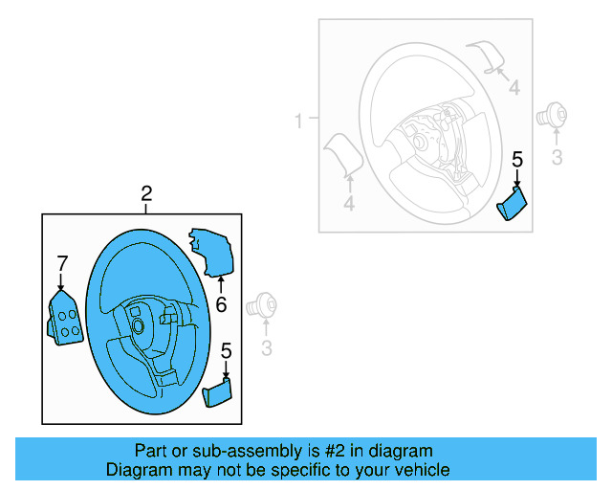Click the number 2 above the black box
[x=146, y=194]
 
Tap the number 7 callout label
[x=62, y=262]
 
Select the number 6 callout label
[x=221, y=305]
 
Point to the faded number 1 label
[x=298, y=122]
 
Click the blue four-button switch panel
[x=64, y=318]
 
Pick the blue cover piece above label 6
[x=211, y=251]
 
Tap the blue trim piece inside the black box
[x=218, y=391]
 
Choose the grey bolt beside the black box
[x=262, y=307]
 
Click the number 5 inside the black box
[x=227, y=351]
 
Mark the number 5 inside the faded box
[x=517, y=160]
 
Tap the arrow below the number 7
[x=61, y=281]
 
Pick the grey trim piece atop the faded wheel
[x=485, y=56]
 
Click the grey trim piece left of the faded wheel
[x=340, y=154]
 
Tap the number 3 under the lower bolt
[x=267, y=345]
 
